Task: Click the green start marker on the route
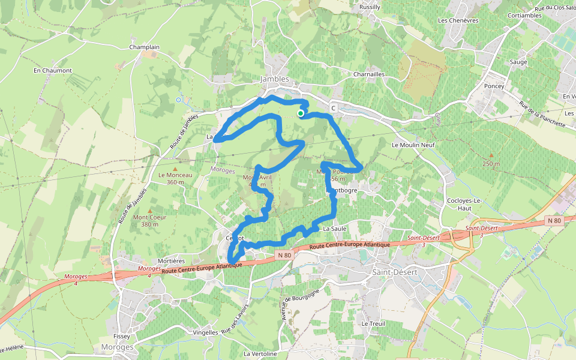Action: [300, 113]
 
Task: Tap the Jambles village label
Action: [275, 79]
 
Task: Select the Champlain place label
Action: [144, 47]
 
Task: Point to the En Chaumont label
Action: [52, 70]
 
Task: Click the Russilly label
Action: [370, 7]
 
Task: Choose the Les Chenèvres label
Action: [458, 20]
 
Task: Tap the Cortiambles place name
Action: [524, 16]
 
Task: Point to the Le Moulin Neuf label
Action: [412, 145]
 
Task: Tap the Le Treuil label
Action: [373, 323]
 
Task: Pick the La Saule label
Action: [334, 229]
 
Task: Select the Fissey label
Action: [122, 336]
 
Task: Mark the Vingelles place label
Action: [206, 332]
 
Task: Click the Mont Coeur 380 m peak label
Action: [149, 221]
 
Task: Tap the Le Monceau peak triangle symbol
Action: [175, 169]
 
